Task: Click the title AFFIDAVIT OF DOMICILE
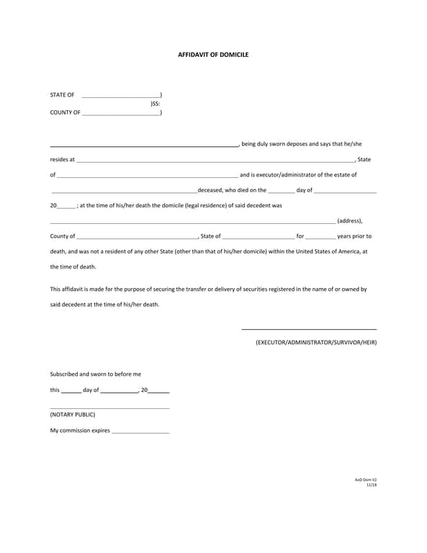click(x=213, y=55)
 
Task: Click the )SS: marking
click(x=155, y=104)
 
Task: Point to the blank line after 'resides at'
click(x=215, y=161)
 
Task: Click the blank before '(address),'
click(x=192, y=223)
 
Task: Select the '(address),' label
click(x=350, y=221)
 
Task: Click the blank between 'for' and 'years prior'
click(x=320, y=238)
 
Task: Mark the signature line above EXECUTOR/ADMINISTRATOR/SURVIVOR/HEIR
click(x=309, y=329)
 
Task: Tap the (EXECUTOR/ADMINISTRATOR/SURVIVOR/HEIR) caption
click(x=316, y=342)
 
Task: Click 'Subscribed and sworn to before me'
click(x=96, y=374)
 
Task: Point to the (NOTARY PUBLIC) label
click(x=72, y=415)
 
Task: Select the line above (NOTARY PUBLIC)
click(x=109, y=408)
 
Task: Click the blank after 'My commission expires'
click(x=140, y=433)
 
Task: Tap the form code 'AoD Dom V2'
click(x=366, y=479)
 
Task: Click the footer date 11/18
click(x=372, y=485)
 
